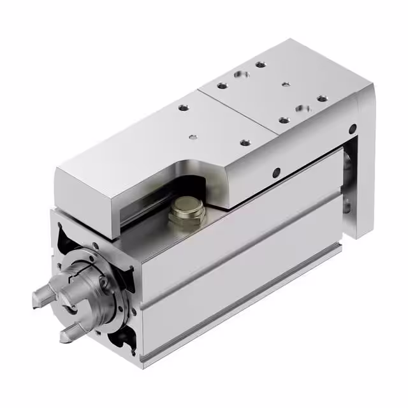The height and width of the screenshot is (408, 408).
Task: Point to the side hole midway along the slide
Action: click(275, 171)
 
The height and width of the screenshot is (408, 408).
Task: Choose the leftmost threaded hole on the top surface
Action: click(183, 108)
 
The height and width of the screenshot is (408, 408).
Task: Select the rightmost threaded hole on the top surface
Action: click(323, 99)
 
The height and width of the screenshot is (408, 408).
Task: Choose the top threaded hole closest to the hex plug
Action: click(245, 143)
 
